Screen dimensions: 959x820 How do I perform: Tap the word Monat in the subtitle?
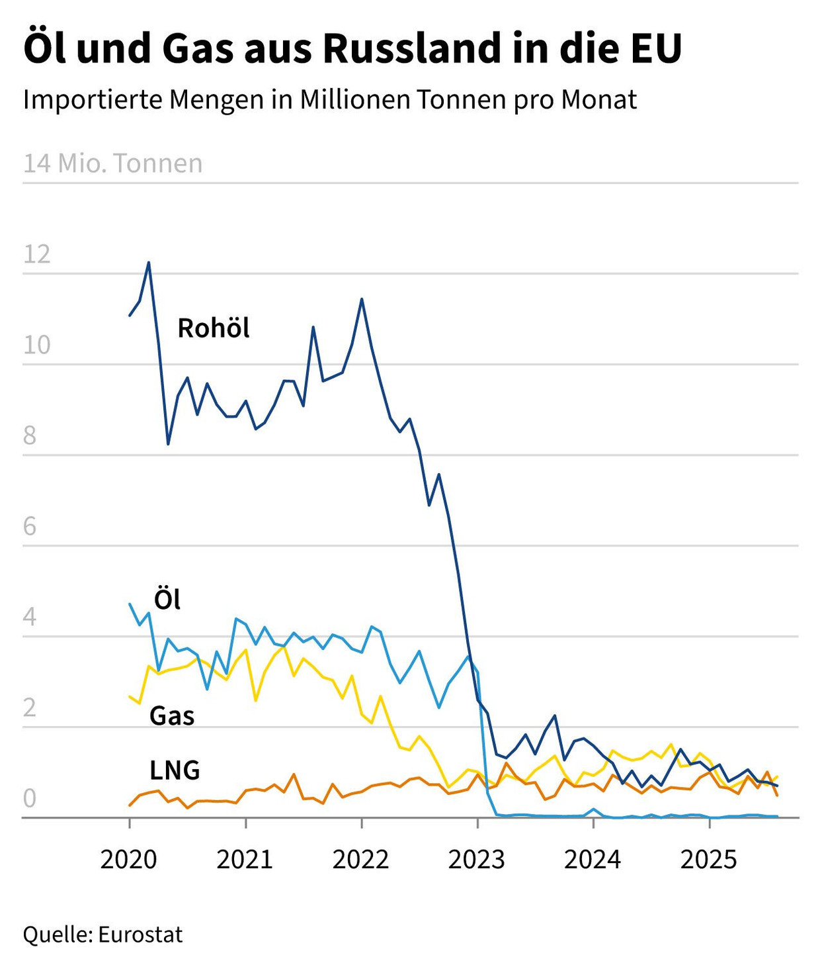click(x=599, y=100)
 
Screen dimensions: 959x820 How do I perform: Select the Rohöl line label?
click(x=214, y=328)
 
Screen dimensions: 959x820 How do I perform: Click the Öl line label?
click(x=167, y=600)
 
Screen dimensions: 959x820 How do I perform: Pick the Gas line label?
click(x=172, y=716)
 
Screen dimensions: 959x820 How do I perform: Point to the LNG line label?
click(x=175, y=770)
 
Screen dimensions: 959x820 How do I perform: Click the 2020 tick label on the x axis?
click(x=129, y=860)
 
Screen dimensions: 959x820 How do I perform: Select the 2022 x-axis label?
click(x=361, y=860)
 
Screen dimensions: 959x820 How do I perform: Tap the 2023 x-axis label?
click(x=477, y=860)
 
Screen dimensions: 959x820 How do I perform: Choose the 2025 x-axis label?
click(x=709, y=860)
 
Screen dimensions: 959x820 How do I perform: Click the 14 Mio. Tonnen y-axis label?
click(x=113, y=163)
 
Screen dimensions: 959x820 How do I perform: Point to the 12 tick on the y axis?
click(x=37, y=255)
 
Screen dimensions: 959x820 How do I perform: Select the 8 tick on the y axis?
click(x=30, y=436)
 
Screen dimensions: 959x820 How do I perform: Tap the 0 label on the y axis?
click(x=30, y=799)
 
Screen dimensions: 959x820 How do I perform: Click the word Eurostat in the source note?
click(x=140, y=935)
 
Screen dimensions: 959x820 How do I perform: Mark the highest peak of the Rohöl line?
click(x=149, y=263)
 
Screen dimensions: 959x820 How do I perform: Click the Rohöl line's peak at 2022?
click(x=362, y=299)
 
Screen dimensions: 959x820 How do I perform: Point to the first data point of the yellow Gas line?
click(x=130, y=696)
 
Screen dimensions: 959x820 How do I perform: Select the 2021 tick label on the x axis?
click(x=245, y=860)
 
